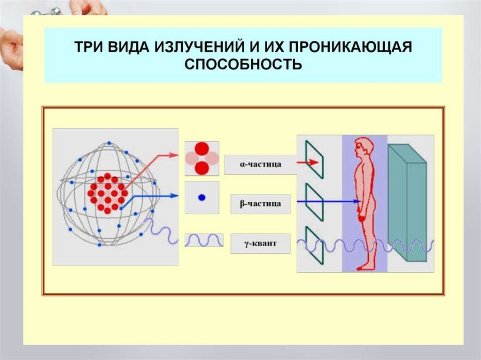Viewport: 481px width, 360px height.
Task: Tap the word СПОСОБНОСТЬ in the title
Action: tap(243, 64)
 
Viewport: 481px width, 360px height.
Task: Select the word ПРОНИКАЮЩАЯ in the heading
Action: tap(359, 48)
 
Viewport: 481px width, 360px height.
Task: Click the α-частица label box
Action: tap(260, 165)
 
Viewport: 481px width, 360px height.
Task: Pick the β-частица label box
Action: tap(260, 204)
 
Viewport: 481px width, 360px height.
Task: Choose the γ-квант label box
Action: tap(260, 244)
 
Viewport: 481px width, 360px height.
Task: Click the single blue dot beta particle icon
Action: tap(202, 198)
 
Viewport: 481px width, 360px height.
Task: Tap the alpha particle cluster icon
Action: tap(202, 158)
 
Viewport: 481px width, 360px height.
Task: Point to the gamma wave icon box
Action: tap(202, 240)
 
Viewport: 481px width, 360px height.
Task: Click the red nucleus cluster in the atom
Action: tap(108, 193)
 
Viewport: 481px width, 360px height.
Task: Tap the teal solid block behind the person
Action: tap(406, 202)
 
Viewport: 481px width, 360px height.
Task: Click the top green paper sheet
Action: tap(314, 160)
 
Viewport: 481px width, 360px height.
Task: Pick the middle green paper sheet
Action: tap(314, 202)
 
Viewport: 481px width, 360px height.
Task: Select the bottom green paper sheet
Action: tap(314, 244)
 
